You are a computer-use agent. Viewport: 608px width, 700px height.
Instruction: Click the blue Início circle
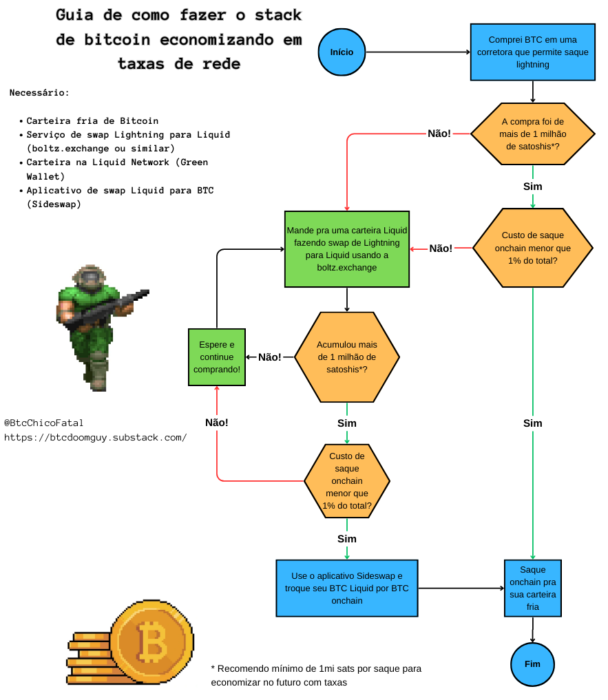(342, 52)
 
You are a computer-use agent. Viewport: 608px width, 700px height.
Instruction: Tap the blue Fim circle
(532, 664)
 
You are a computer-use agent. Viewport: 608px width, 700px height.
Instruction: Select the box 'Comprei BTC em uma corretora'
(532, 52)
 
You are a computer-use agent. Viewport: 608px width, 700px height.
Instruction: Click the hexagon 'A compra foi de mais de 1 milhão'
(532, 134)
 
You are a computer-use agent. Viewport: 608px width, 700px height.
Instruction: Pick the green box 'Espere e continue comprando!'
(217, 357)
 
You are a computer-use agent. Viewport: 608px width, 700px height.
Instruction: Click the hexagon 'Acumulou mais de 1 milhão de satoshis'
(347, 357)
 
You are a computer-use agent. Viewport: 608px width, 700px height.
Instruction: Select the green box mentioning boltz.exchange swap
(347, 248)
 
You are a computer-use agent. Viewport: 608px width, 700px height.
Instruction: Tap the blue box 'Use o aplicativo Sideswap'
(347, 588)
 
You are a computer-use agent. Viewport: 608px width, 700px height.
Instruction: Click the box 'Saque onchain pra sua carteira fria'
(532, 588)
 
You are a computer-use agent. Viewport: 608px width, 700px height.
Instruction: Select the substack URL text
(95, 438)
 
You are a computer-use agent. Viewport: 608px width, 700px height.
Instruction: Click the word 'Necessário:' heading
(39, 93)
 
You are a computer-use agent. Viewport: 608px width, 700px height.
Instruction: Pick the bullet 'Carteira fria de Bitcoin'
(92, 121)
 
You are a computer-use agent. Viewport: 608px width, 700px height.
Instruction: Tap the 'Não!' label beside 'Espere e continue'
(269, 357)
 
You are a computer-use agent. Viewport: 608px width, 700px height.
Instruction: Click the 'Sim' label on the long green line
(532, 423)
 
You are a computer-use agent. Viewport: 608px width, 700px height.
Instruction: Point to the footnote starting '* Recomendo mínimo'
(316, 675)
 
